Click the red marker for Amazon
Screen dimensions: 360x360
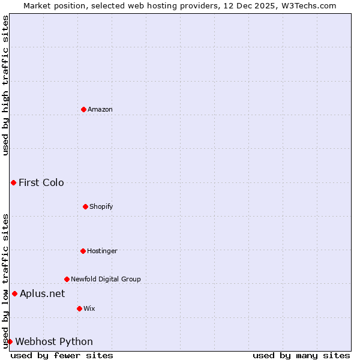coord(83,109)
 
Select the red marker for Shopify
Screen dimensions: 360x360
coord(85,206)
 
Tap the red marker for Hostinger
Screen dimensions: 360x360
coord(83,251)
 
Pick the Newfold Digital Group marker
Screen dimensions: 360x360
coord(67,279)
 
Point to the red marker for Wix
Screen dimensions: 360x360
coord(79,308)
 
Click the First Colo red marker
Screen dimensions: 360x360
coord(13,182)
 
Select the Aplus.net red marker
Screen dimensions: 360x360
coord(14,293)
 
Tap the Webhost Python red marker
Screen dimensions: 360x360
coord(10,341)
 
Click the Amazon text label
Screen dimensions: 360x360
coord(100,109)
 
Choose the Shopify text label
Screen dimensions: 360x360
coord(101,206)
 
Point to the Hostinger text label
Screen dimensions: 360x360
coord(102,251)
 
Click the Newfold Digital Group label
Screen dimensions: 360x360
coord(106,279)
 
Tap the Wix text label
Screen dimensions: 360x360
coord(89,308)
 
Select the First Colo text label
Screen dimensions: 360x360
coord(41,182)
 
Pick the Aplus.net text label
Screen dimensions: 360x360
coord(42,293)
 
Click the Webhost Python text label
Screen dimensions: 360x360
coord(54,341)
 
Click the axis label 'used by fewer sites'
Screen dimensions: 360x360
coord(62,355)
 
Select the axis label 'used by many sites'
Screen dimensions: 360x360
coord(301,355)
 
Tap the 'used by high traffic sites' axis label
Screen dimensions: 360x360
coord(5,85)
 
